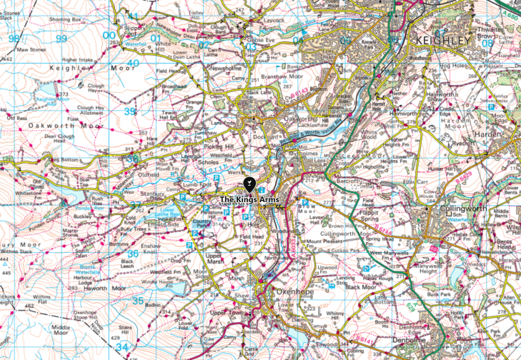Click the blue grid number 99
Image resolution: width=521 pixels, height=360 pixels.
pos(61,38)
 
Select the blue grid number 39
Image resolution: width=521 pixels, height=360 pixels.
pos(129,111)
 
